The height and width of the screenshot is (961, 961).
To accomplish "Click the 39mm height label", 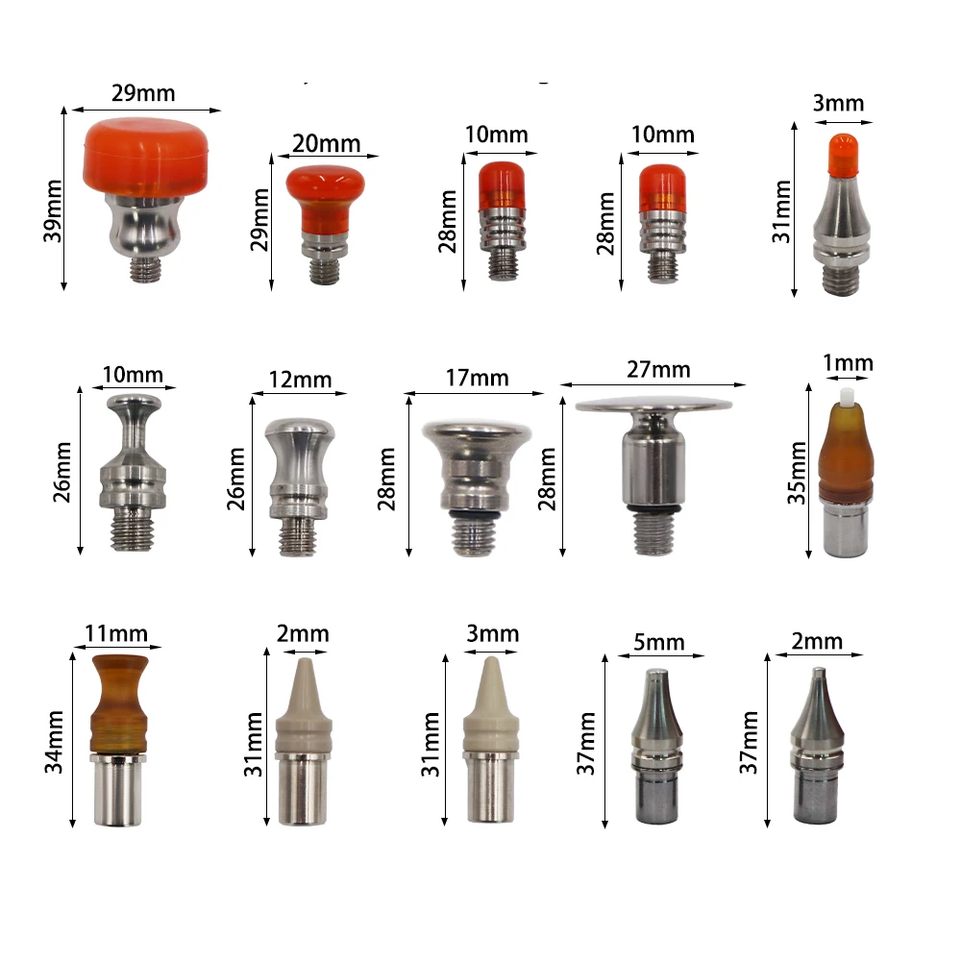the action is pyautogui.click(x=53, y=210).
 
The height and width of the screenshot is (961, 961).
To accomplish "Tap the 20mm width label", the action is pyautogui.click(x=326, y=144).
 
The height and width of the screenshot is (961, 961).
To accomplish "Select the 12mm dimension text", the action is pyautogui.click(x=300, y=380).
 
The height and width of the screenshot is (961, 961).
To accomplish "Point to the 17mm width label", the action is pyautogui.click(x=477, y=378).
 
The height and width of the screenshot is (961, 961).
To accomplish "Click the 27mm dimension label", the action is pyautogui.click(x=658, y=370).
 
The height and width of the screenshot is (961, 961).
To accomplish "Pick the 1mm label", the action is pyautogui.click(x=848, y=363).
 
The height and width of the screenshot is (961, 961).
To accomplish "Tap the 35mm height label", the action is pyautogui.click(x=797, y=473).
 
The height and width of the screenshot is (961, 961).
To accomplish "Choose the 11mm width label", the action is pyautogui.click(x=116, y=633).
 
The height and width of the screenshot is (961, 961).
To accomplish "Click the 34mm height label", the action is pyautogui.click(x=54, y=742).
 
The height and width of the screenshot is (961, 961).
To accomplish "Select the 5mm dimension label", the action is pyautogui.click(x=659, y=642).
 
